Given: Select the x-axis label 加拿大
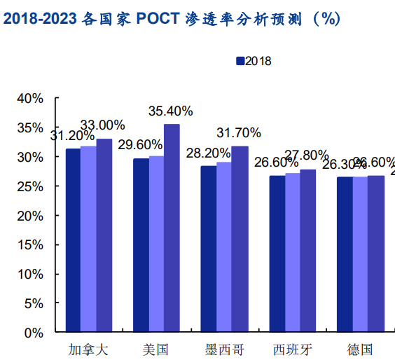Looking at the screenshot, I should coord(88,349).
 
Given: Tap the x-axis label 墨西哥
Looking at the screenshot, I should coord(223,349).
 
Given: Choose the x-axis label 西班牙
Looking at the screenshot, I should coord(291,349).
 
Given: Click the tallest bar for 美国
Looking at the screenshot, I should coord(172,228).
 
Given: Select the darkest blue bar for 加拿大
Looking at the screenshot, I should coord(72,240).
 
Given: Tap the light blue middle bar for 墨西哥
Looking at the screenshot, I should coord(223,247).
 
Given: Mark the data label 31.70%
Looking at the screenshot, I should coord(239,132).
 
